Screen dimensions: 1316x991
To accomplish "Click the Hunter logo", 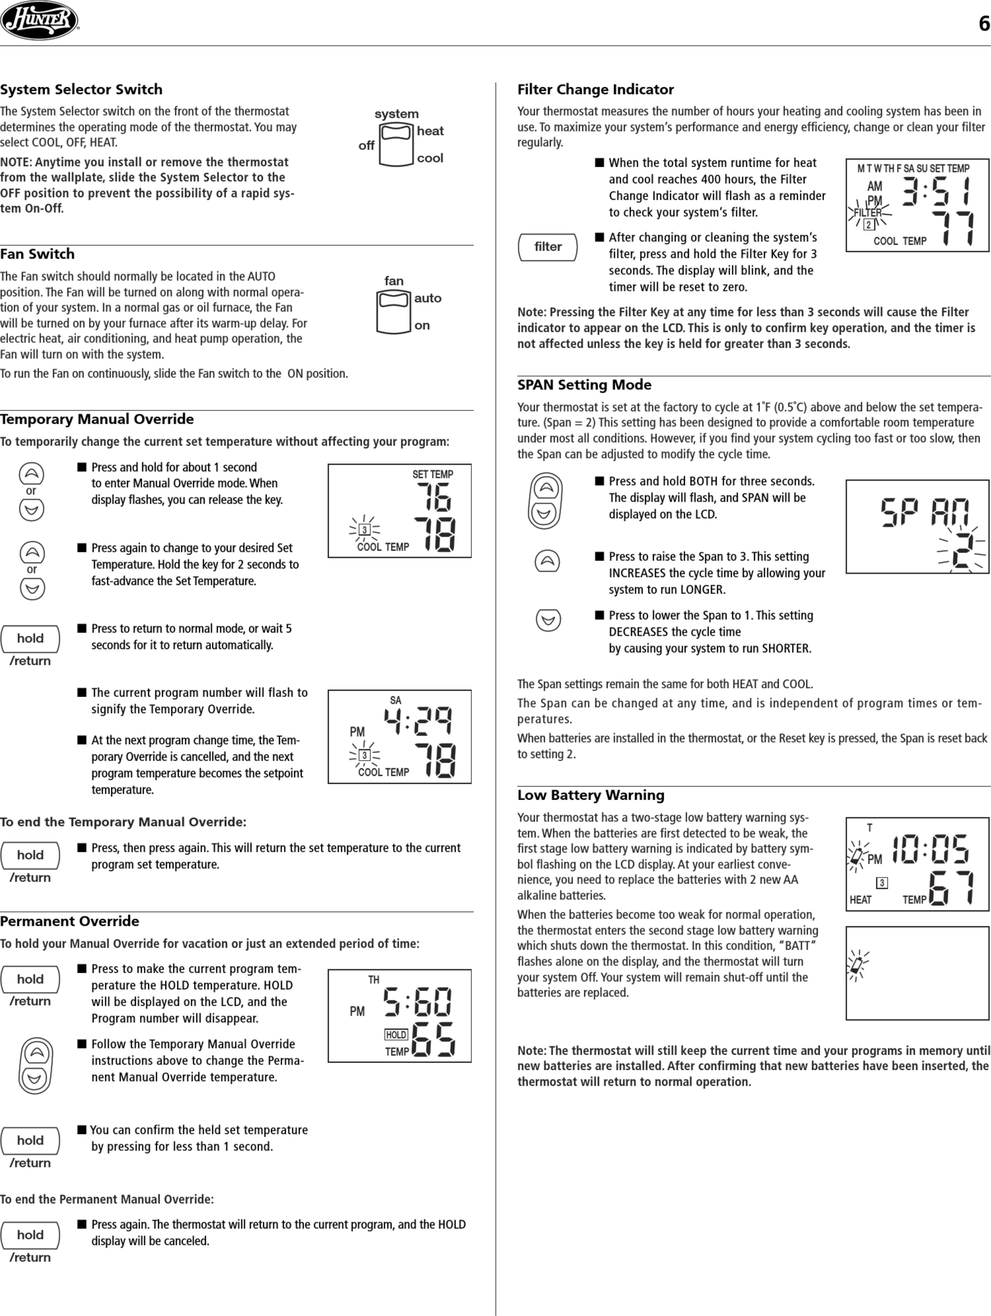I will click(39, 21).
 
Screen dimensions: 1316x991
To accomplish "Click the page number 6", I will click(984, 24).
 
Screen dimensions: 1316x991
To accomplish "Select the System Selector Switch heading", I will click(81, 89).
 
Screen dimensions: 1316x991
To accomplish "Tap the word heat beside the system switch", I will click(430, 131).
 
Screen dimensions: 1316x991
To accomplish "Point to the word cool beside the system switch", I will click(430, 158).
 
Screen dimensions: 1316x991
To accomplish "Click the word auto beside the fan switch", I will click(428, 298).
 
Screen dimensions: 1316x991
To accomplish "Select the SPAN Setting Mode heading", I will click(584, 385).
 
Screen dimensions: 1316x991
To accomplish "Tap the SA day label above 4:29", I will click(395, 700).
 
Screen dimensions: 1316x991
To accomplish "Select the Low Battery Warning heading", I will click(591, 795).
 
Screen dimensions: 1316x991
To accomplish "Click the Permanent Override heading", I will click(69, 921).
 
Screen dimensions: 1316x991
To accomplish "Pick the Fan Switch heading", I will click(37, 254).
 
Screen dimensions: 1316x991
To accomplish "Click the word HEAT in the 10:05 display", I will click(860, 900).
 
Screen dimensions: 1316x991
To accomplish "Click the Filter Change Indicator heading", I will click(596, 89).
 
